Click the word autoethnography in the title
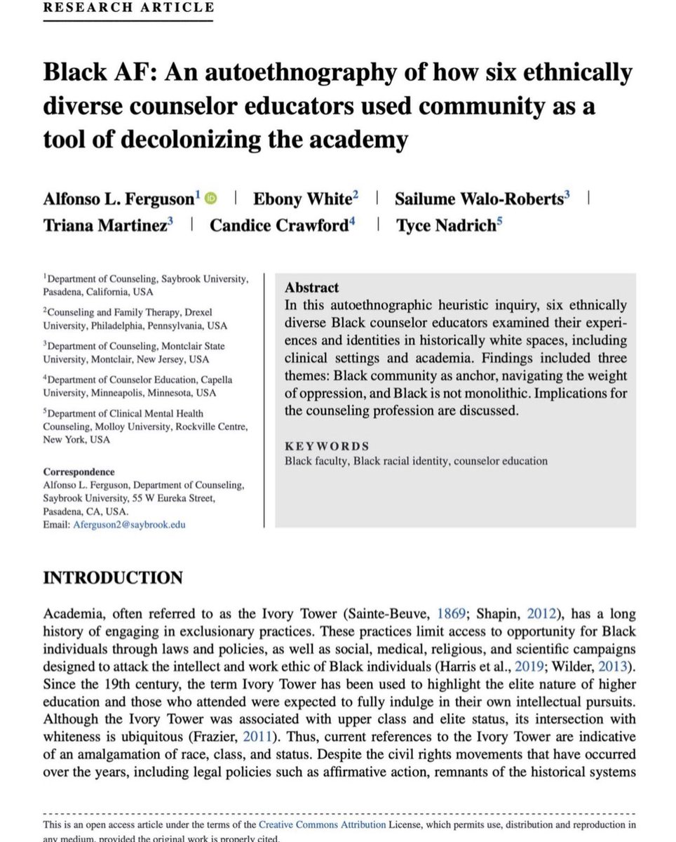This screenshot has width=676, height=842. point(299,72)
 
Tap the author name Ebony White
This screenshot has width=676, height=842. point(301,199)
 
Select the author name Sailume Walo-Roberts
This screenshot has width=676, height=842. point(480,199)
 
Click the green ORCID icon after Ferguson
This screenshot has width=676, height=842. point(212,199)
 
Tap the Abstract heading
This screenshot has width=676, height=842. point(312,288)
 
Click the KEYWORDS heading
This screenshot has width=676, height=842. point(327,446)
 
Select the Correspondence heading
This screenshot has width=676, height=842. point(79,472)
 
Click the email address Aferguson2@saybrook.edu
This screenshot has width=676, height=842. point(130,524)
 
